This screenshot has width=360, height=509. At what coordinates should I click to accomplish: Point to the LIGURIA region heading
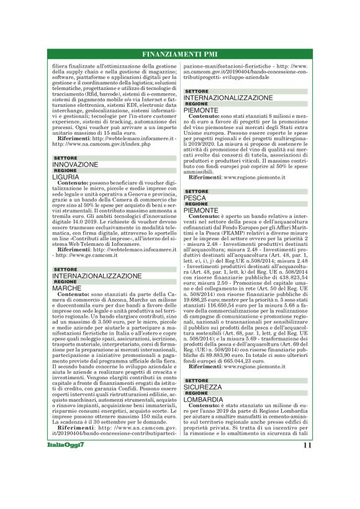pyautogui.click(x=66, y=177)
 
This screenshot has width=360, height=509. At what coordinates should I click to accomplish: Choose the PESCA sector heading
pyautogui.click(x=195, y=198)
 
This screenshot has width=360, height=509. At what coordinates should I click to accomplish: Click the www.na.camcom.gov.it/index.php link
pyautogui.click(x=103, y=144)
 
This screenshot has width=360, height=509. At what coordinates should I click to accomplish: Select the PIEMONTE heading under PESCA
pyautogui.click(x=201, y=210)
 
